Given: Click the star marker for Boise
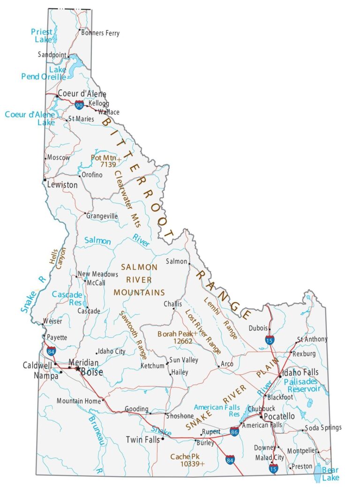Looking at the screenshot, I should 78,368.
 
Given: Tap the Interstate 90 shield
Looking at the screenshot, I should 80,105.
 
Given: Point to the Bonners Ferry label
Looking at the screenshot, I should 100,33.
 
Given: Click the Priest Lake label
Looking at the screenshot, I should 42,36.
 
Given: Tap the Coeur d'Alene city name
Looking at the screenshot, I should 82,94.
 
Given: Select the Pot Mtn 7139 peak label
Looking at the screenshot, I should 105,161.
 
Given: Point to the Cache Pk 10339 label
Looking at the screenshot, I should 187,460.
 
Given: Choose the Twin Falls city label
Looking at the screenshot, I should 143,440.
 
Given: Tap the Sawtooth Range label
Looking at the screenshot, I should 132,335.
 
